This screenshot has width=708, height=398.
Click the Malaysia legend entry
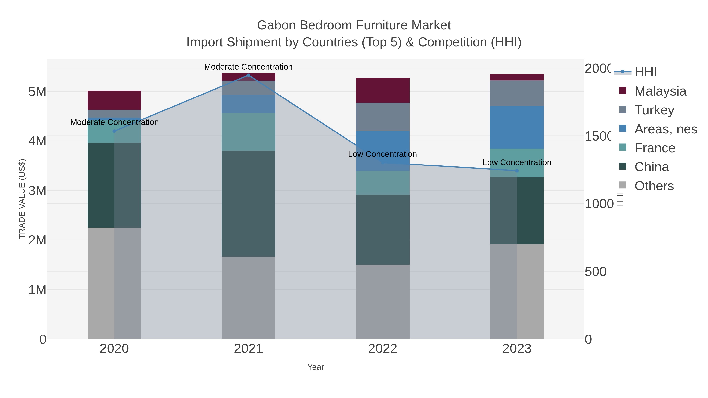click(660, 91)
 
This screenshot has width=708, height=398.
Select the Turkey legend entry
click(654, 110)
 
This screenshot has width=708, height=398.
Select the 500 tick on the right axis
click(596, 272)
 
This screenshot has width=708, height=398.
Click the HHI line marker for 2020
click(114, 131)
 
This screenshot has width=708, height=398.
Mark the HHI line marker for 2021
click(248, 75)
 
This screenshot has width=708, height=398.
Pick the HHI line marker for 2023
click(517, 171)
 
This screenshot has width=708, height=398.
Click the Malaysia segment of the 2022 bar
click(383, 90)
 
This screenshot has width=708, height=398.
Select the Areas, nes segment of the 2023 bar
click(517, 127)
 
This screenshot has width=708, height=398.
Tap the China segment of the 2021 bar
click(248, 204)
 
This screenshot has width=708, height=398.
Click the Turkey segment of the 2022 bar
click(383, 117)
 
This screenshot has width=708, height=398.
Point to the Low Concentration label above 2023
click(517, 162)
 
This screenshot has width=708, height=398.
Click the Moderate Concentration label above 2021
click(248, 67)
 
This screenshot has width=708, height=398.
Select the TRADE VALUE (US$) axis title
click(22, 199)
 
